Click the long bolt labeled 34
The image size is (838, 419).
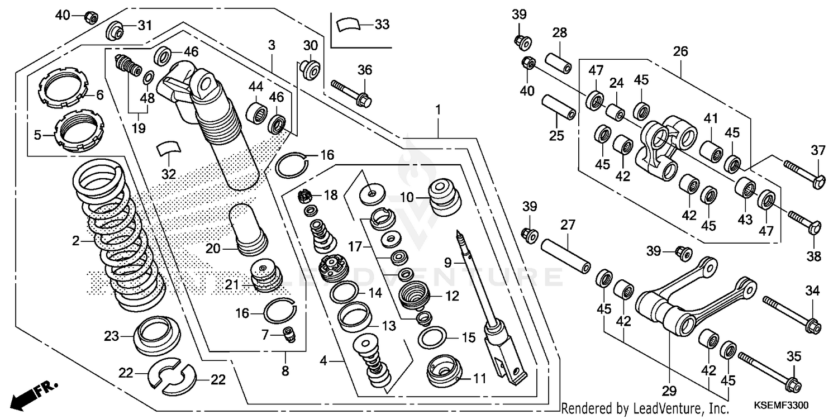coord(788,314)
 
